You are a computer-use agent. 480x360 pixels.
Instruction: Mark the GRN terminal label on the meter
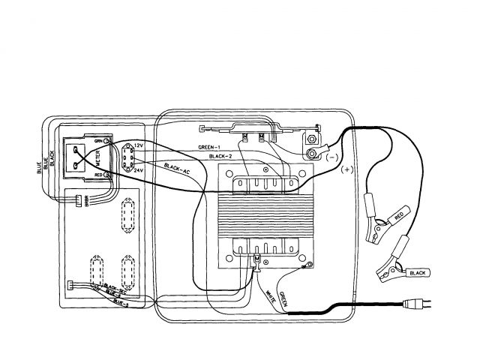click(97, 141)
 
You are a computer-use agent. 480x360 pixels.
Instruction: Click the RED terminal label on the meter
click(97, 175)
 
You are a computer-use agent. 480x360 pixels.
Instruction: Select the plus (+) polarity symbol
click(346, 169)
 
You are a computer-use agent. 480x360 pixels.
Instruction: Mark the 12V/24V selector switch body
click(125, 159)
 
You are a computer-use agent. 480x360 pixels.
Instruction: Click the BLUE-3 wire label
click(120, 302)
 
